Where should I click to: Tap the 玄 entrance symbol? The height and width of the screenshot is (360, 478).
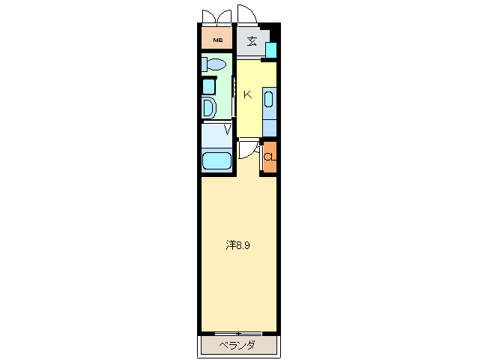[x=252, y=41]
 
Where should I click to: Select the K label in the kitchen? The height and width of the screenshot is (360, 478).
[x=246, y=94]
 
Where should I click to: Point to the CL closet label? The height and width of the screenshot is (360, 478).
[x=269, y=157]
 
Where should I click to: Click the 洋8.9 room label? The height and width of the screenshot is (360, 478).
[x=238, y=244]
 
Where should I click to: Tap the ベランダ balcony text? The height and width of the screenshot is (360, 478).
[x=238, y=346]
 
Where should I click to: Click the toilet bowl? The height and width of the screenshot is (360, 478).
[x=217, y=65]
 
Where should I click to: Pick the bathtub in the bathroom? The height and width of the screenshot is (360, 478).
[x=217, y=160]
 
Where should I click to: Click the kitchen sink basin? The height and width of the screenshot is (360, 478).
[x=270, y=100]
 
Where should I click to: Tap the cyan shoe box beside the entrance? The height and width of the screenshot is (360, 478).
[x=271, y=49]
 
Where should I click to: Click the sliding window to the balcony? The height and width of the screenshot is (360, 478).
[x=238, y=332]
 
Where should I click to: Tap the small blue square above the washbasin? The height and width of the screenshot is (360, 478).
[x=209, y=85]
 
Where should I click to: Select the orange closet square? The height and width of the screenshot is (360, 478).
[x=269, y=157]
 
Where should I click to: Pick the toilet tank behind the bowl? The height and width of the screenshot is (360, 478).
[x=204, y=65]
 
